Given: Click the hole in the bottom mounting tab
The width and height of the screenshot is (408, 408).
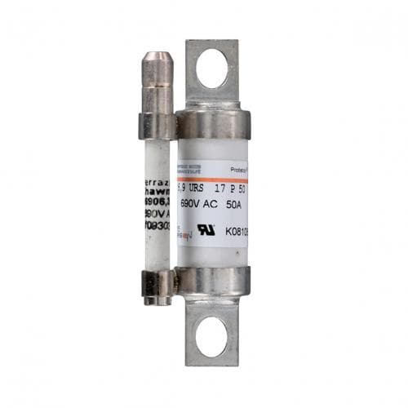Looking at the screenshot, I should tap(215, 337).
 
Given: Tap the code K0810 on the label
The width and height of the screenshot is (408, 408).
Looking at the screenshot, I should tap(233, 231).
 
